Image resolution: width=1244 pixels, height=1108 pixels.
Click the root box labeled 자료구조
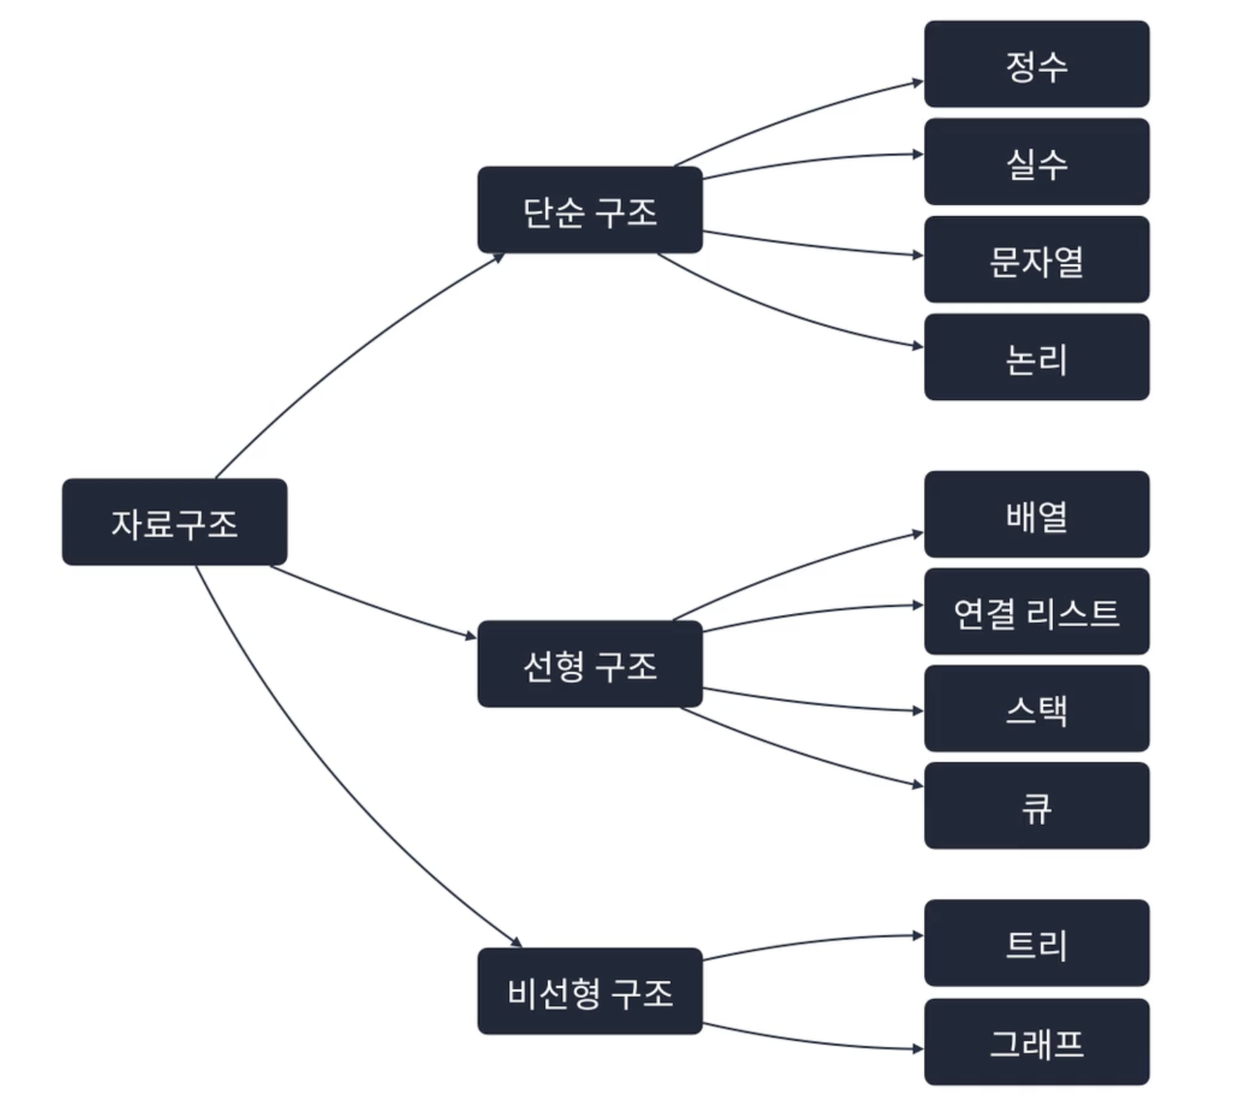(174, 522)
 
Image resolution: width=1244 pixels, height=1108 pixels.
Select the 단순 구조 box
(590, 210)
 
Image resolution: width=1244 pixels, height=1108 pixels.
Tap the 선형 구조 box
(590, 664)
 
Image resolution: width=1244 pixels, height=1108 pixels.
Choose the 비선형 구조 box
(590, 991)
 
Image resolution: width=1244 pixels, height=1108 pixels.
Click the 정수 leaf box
(1036, 64)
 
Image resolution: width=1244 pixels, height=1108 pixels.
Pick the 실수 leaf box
(1036, 162)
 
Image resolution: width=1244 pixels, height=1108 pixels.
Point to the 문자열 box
(1036, 260)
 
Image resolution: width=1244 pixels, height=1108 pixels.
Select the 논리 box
(1036, 358)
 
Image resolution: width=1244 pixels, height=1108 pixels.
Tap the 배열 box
(1036, 515)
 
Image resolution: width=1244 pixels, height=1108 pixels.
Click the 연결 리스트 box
(1036, 612)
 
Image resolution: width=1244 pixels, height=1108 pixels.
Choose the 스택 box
(1036, 709)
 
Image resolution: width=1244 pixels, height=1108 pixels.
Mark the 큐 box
(1036, 806)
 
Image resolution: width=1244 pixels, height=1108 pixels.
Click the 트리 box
(1036, 943)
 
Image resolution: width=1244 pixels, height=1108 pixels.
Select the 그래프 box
(1036, 1042)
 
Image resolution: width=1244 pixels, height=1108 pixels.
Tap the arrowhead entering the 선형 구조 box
(471, 637)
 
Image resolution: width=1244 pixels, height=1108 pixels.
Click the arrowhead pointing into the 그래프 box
(918, 1049)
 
